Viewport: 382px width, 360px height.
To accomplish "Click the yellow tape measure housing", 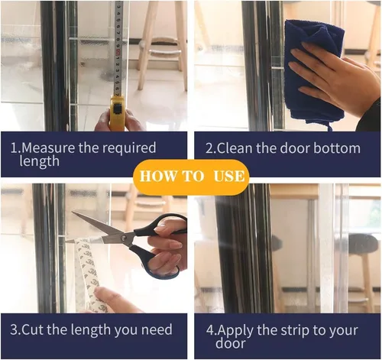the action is point(117,113).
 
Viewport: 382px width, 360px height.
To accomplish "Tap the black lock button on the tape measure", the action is point(117,108).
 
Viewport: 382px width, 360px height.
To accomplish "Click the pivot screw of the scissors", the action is point(124,238).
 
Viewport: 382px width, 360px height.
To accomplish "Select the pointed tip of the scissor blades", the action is point(73,212).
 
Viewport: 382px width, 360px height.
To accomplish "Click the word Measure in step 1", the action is point(48,148).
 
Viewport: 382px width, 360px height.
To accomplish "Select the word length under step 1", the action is point(39,162).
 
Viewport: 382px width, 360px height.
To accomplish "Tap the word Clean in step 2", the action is point(235,148).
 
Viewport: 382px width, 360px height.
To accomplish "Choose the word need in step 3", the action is point(157,329).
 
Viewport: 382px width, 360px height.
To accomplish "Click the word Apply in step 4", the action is point(235,331).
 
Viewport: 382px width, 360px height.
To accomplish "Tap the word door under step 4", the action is point(230,343).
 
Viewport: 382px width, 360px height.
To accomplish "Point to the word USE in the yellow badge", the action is point(229,176).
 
